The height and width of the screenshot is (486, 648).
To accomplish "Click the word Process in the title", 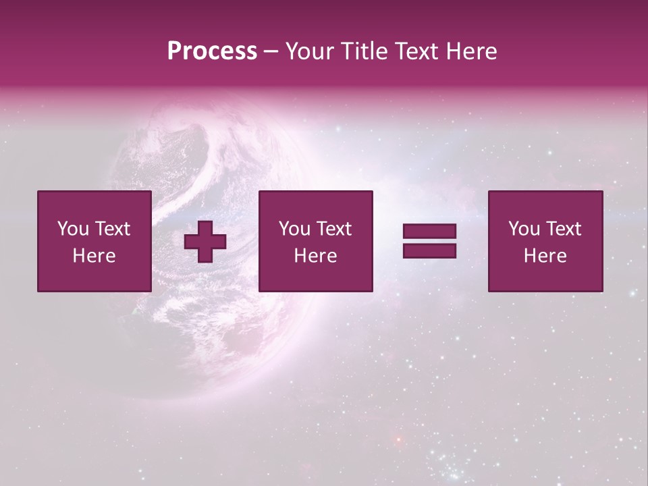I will coord(212,51).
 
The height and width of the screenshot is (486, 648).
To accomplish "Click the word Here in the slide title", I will coord(473,51).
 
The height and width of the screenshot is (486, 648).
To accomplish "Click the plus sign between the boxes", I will coord(205,242).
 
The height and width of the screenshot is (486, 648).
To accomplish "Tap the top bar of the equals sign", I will coord(429,232).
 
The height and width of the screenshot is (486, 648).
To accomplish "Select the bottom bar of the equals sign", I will coord(429,251).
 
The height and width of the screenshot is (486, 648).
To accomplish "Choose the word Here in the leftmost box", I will coord(94,256).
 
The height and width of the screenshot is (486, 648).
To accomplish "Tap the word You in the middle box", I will coord(295,229).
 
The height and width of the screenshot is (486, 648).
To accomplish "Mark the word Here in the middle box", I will coord(315,256).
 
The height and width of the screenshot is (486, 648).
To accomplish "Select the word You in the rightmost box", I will coord(524,229).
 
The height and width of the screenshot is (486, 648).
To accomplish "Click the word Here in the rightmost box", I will coord(545,256).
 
